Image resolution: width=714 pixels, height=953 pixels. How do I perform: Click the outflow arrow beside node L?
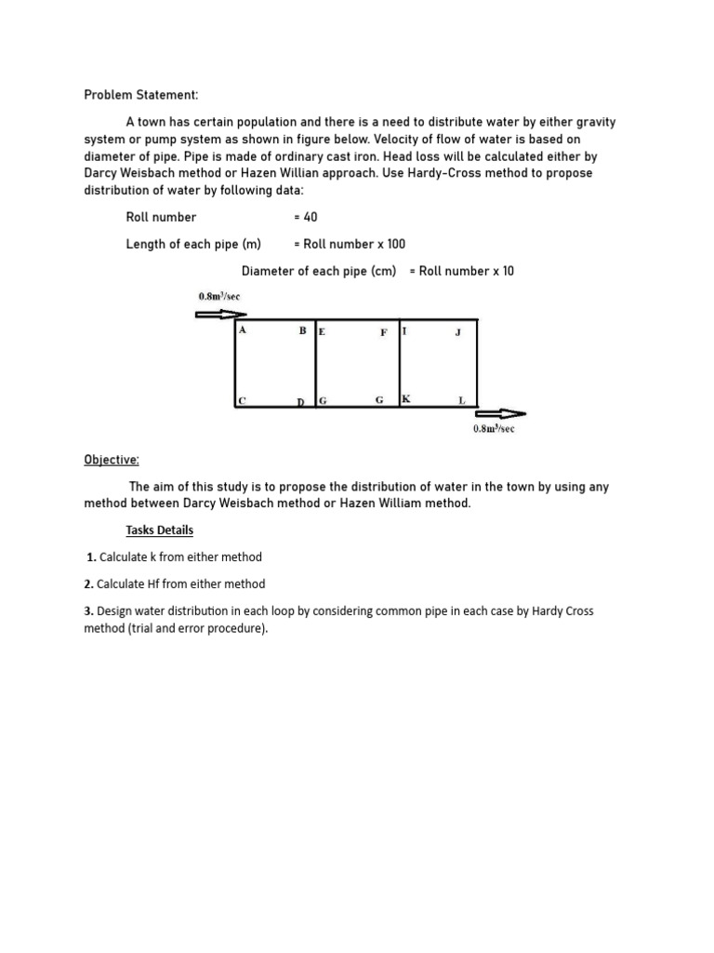click(500, 413)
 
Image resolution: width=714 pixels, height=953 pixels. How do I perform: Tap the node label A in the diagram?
click(243, 329)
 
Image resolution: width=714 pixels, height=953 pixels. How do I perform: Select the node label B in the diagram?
click(302, 330)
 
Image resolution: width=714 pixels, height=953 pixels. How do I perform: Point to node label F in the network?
click(383, 332)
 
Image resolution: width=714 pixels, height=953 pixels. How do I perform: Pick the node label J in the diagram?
click(457, 332)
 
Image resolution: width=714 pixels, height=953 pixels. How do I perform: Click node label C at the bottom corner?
click(242, 400)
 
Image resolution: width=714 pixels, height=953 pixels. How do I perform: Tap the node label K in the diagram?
click(406, 398)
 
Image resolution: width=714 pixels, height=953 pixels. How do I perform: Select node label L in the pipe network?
click(461, 400)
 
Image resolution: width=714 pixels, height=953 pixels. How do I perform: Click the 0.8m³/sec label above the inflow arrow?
click(219, 296)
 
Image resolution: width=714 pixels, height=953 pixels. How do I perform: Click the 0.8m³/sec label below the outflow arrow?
click(494, 429)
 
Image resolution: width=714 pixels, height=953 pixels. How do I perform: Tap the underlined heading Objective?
click(112, 460)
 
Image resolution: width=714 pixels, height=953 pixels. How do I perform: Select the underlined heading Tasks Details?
click(160, 530)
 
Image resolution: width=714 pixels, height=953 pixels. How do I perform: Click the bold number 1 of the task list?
click(91, 557)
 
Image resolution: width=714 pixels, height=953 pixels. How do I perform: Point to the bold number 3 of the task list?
click(89, 611)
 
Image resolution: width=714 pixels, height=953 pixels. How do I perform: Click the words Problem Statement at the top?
click(141, 95)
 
